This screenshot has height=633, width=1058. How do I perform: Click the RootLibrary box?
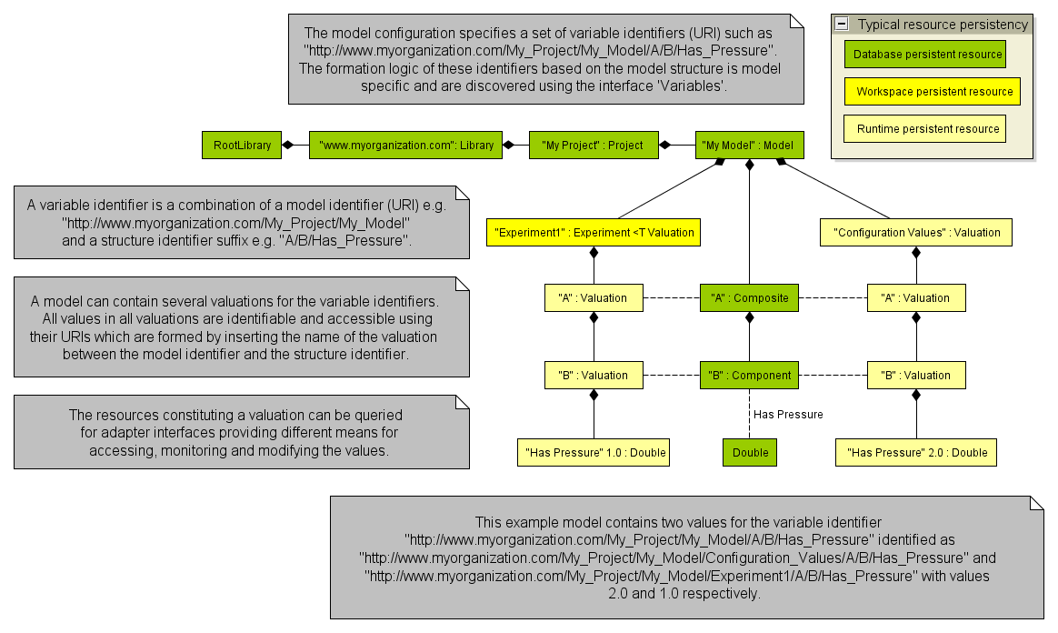[x=242, y=145]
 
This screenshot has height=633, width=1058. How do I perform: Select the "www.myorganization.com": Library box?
[x=405, y=145]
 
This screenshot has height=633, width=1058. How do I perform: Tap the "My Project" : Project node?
[x=593, y=145]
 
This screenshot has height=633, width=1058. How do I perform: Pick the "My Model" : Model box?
[x=747, y=145]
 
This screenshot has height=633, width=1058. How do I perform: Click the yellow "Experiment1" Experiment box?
[x=594, y=232]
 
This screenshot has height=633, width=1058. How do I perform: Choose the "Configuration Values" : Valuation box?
[x=916, y=232]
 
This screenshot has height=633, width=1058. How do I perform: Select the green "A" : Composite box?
[x=750, y=297]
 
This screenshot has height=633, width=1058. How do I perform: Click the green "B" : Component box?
[x=750, y=375]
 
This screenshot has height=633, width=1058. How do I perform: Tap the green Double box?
[x=750, y=452]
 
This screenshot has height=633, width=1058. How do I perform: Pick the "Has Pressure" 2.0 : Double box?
[x=916, y=452]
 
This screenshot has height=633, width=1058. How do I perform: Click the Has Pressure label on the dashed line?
[x=788, y=414]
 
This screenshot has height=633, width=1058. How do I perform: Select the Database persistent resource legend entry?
[x=927, y=55]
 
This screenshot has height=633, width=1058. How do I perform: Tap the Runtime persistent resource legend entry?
[x=927, y=128]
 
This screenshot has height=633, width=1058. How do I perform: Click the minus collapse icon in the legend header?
[x=843, y=25]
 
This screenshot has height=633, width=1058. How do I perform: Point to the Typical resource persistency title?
[x=943, y=25]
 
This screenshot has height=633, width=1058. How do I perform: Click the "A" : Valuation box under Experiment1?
[x=593, y=297]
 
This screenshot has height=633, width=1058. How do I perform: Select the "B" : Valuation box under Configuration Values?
[x=915, y=375]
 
